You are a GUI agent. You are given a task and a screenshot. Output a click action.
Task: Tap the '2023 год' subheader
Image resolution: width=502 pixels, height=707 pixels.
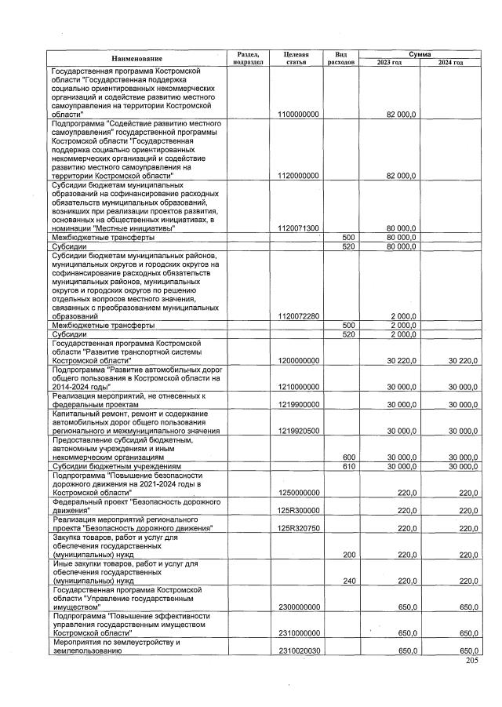point(389,63)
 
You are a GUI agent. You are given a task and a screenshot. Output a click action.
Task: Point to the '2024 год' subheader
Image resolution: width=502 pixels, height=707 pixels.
point(450,63)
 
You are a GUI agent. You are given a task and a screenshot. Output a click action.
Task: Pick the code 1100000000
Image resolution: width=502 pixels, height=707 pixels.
point(298,115)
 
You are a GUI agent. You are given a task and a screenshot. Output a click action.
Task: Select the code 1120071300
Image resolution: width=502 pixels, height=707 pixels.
point(298,228)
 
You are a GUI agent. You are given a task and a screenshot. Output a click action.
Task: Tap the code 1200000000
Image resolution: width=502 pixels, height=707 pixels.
point(298,360)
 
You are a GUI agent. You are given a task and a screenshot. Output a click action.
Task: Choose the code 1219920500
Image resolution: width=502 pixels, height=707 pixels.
point(298,431)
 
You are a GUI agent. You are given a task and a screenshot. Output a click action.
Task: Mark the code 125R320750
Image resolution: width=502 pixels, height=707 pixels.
point(298,528)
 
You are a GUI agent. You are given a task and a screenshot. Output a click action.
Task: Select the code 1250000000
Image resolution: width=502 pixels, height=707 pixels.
point(298,492)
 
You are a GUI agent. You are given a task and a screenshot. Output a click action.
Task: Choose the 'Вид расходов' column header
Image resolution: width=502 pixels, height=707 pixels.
point(341,58)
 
